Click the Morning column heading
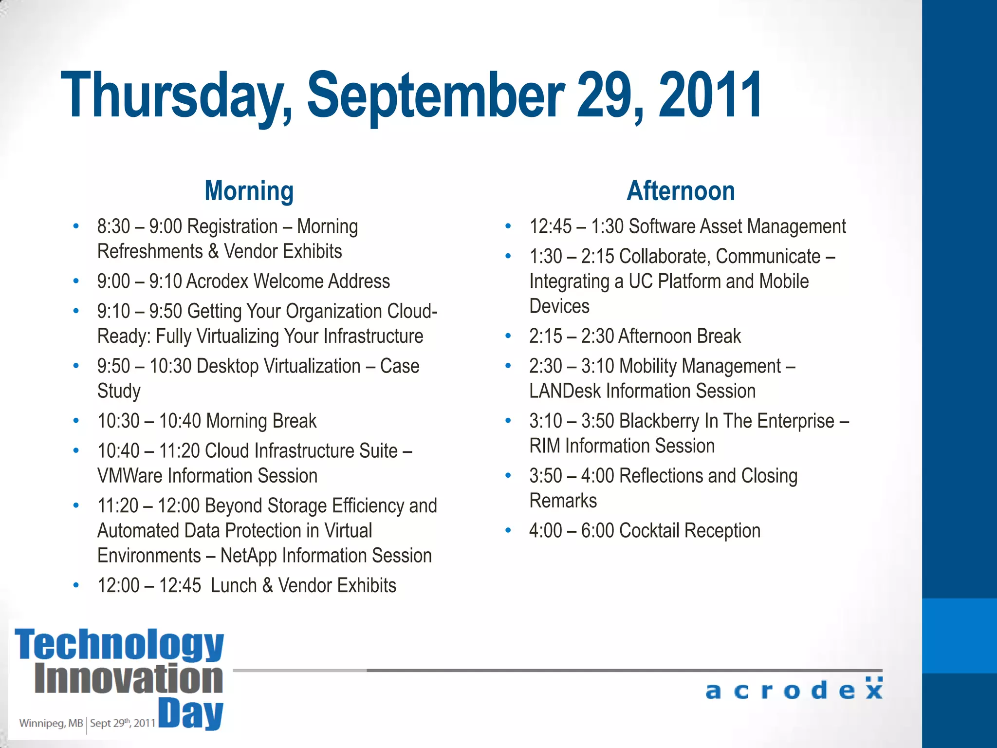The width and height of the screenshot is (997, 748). coord(249,191)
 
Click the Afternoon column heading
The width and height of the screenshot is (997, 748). coord(681,191)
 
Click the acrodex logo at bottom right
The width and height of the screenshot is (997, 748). coord(794,690)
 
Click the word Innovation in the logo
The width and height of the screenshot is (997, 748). coord(129,679)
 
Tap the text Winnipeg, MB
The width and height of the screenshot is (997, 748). coord(51,723)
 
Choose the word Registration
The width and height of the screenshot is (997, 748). coord(232,226)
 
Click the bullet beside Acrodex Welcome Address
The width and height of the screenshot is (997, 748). coord(76,281)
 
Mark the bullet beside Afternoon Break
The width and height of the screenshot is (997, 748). coord(508,336)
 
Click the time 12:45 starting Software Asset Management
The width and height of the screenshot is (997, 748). coord(550,226)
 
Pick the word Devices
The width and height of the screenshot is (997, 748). coord(559,306)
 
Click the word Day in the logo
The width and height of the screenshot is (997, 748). coord(191,714)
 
